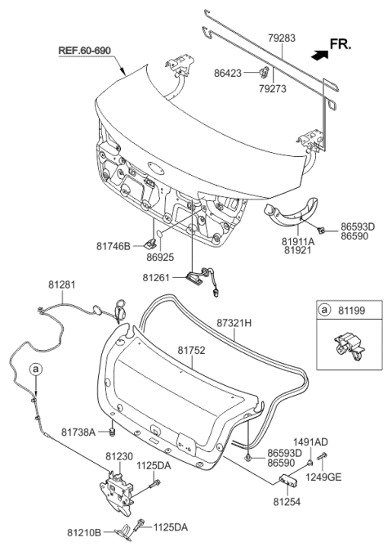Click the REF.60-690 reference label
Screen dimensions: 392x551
tap(85, 50)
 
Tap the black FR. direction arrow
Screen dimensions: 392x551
tap(319, 55)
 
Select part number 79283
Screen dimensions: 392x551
tap(282, 38)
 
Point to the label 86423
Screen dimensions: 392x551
tap(228, 73)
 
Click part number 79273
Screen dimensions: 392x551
tap(273, 89)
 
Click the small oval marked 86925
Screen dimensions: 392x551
tap(159, 234)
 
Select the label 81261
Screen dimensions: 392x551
tap(156, 277)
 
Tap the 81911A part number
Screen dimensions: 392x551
tap(298, 241)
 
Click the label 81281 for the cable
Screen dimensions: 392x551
tap(62, 284)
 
